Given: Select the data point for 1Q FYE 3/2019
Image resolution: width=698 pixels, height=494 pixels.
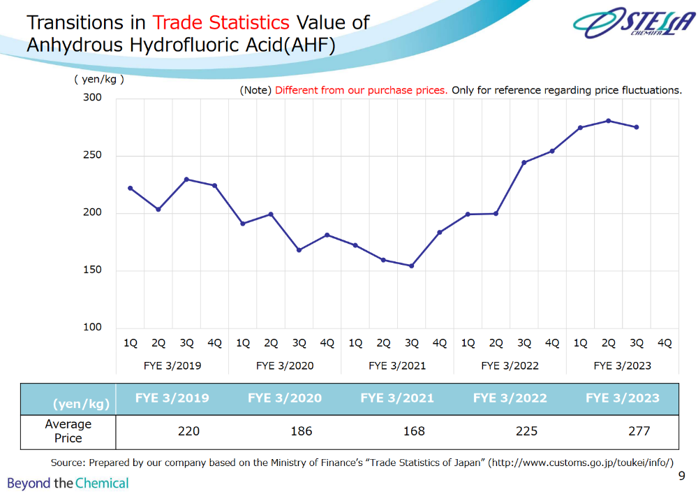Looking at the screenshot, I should click(131, 188).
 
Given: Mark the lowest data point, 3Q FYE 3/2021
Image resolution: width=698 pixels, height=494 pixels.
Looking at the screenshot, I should click(412, 266).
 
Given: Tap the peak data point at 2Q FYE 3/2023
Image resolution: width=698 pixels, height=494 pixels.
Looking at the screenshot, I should click(609, 121).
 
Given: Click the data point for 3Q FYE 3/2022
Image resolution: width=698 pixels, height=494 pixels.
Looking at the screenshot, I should click(524, 162).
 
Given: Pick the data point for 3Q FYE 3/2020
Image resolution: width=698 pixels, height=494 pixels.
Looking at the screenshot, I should click(299, 249).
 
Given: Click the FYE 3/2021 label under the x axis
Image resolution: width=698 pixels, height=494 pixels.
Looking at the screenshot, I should click(397, 365).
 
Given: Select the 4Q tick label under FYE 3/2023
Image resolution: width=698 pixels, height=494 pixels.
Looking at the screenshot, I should click(664, 343).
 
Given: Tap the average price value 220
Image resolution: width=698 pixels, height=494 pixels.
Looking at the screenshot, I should click(188, 431).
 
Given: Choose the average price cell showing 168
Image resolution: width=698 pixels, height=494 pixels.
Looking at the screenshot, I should click(414, 431).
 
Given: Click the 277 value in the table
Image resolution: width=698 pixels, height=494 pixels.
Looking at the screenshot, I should click(639, 431).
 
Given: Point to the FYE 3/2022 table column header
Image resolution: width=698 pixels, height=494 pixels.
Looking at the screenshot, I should click(510, 398).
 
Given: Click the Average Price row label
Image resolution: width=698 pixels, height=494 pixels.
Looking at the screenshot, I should click(68, 431).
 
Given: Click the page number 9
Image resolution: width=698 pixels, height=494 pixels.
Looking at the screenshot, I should click(682, 477).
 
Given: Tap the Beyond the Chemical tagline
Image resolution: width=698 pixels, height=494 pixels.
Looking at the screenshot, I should click(68, 483).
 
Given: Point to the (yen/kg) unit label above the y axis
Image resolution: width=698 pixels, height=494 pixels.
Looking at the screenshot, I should click(99, 79).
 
